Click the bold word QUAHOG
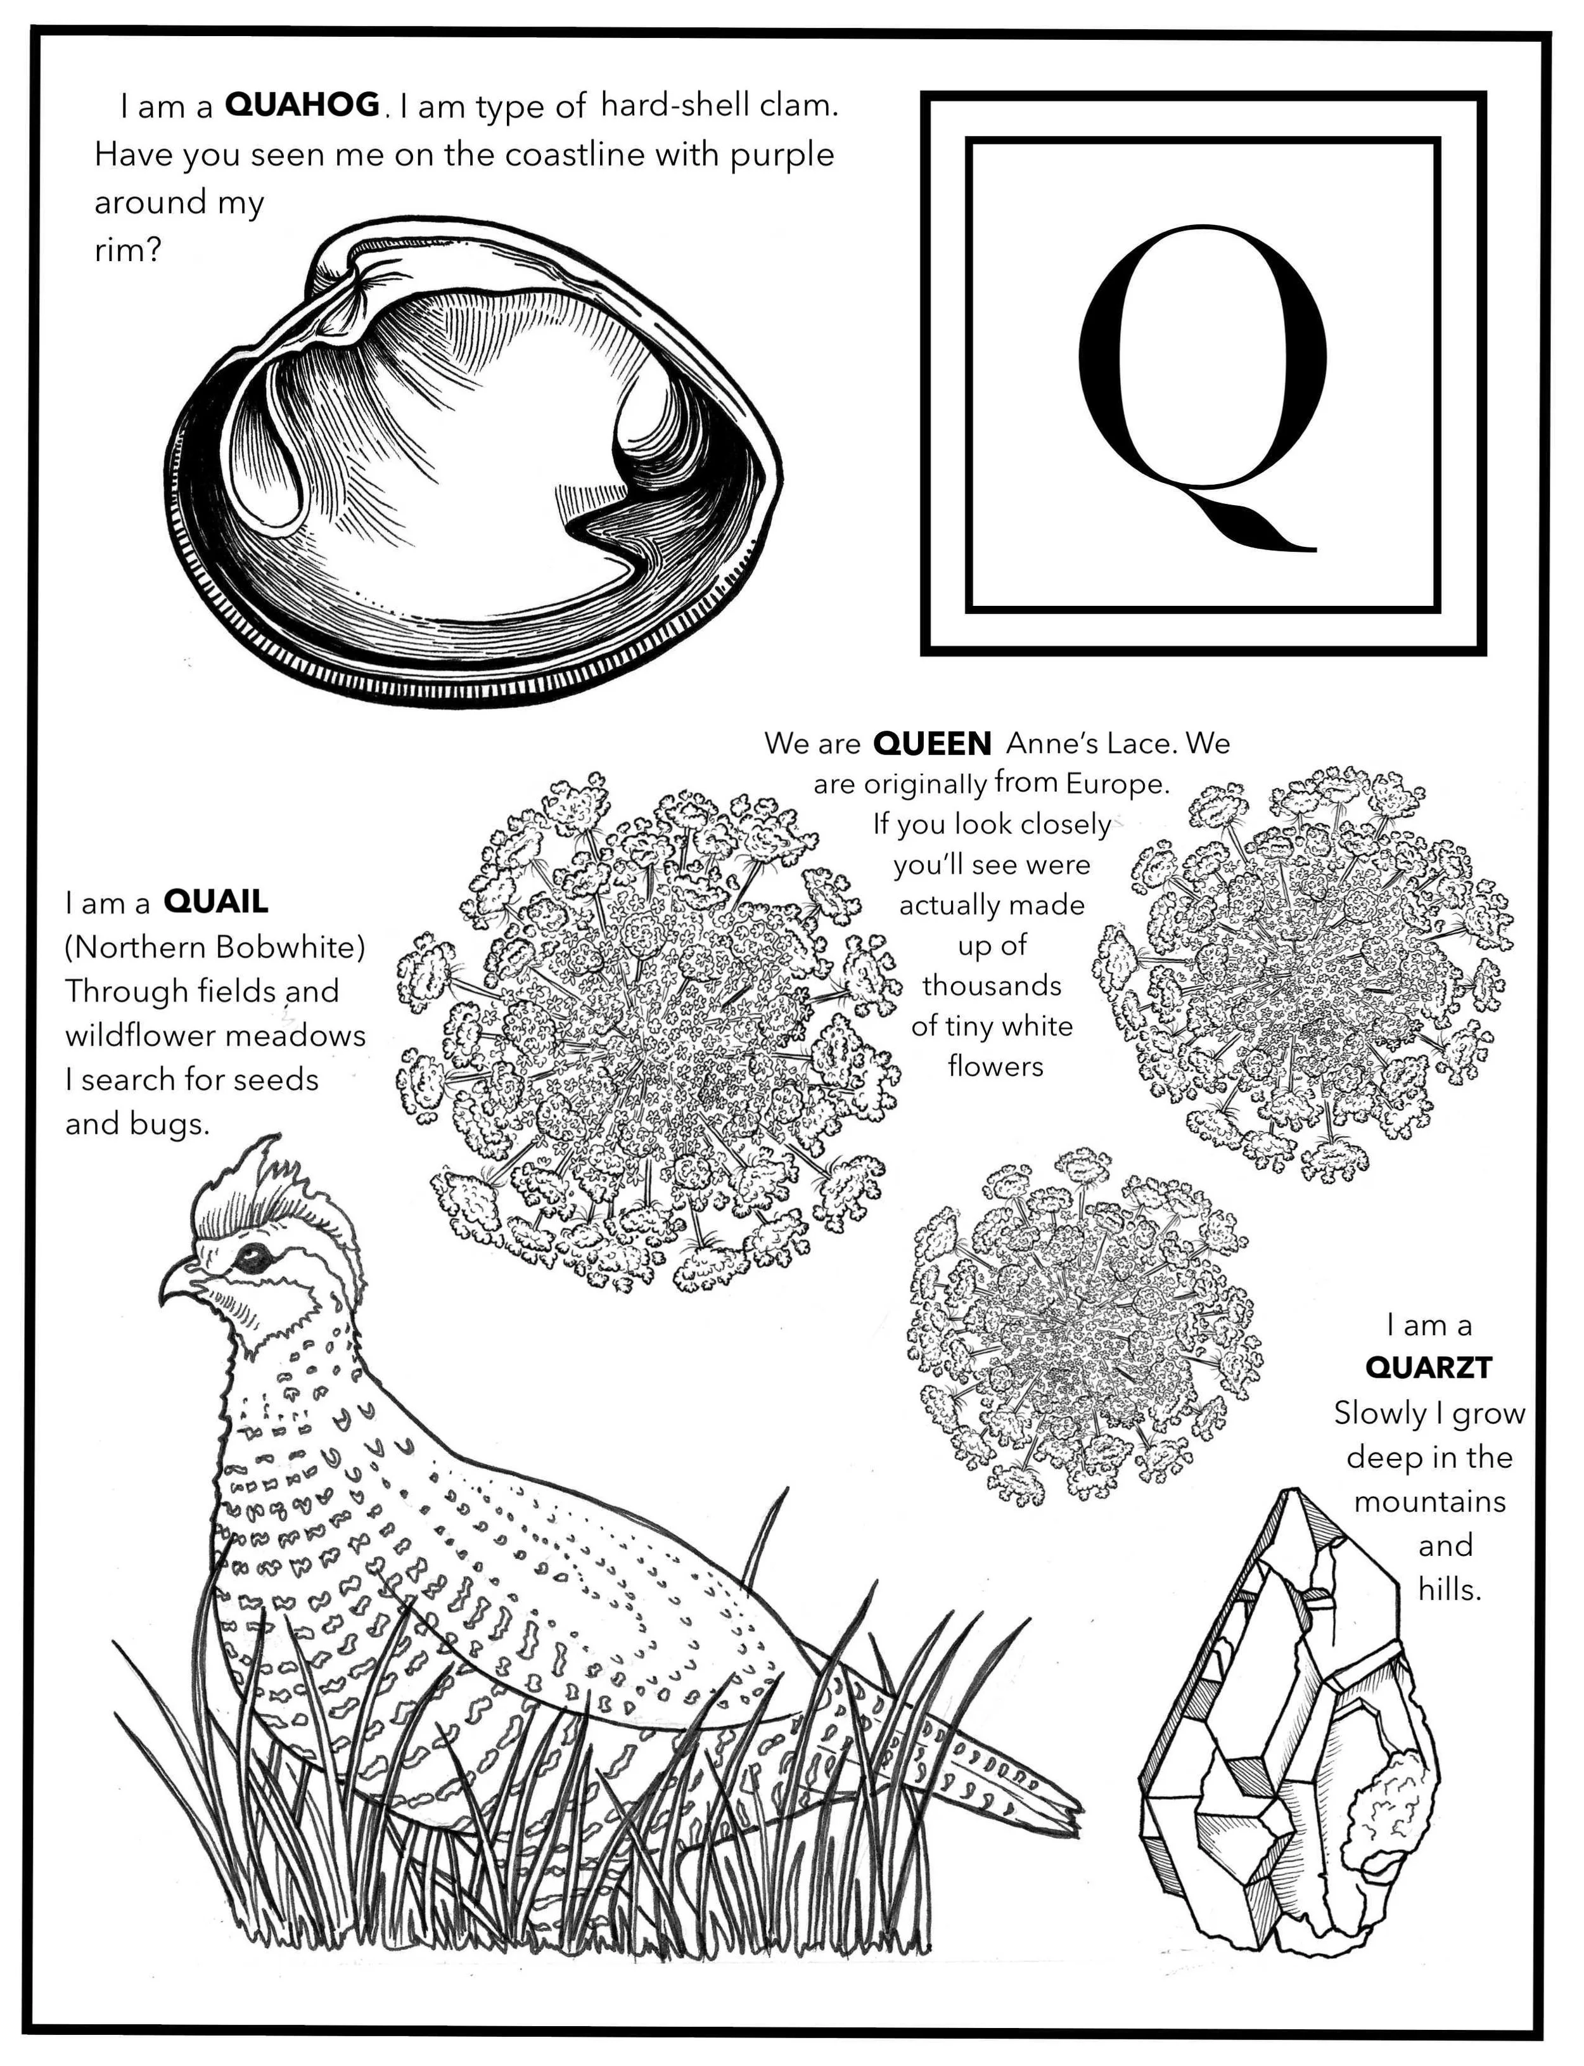[x=302, y=105]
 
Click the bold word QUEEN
[x=931, y=745]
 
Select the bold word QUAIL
[x=216, y=902]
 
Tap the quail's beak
[x=179, y=1288]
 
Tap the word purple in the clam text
[x=782, y=155]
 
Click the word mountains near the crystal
[x=1429, y=1501]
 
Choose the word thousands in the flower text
[x=992, y=985]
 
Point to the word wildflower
[x=143, y=1036]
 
